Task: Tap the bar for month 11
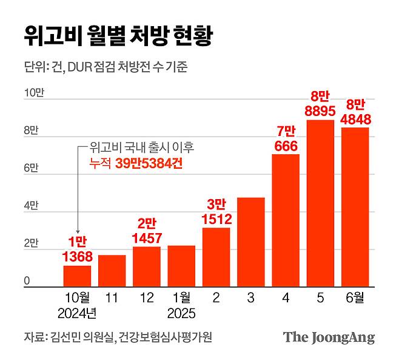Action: coord(112,271)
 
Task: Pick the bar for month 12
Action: coord(146,267)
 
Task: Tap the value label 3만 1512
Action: coord(216,212)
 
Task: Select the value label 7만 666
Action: coord(286,139)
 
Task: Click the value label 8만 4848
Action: coord(355,111)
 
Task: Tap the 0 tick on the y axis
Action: coord(27,281)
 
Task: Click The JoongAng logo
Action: coord(329,338)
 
